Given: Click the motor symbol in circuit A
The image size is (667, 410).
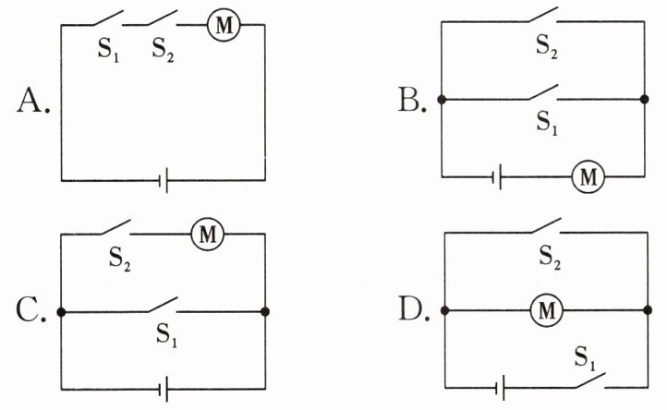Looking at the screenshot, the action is coord(224,25).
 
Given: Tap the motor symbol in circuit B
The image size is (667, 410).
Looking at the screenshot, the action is coord(588,176).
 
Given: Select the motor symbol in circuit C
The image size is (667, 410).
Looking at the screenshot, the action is coord(208,234).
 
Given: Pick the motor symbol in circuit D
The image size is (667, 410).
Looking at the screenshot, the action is coord(547,310).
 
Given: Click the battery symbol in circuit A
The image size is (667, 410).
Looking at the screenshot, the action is coord(164,180).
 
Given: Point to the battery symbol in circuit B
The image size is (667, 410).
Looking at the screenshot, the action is coord(497,176).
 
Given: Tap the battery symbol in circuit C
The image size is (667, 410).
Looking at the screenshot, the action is coord(164,389).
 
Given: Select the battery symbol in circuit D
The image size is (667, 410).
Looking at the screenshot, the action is coord(501,388).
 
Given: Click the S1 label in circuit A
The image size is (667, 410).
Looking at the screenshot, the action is coord(108,50).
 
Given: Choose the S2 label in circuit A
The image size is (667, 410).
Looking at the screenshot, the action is coord(164,50).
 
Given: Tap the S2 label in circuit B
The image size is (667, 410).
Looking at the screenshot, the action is coord(547,46).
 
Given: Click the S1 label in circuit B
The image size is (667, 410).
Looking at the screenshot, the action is coord(547,123).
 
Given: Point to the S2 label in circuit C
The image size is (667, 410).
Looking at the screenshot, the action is coord(119,259).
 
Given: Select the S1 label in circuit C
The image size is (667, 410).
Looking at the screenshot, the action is coord(166,335).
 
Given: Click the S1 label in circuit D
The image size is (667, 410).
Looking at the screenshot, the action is coord(586,358).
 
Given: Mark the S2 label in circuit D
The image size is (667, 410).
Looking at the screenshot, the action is coord(550,258).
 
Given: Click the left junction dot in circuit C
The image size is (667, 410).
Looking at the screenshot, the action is coord(61,312).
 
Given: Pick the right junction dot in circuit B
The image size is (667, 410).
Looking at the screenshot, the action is coord(645,99).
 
